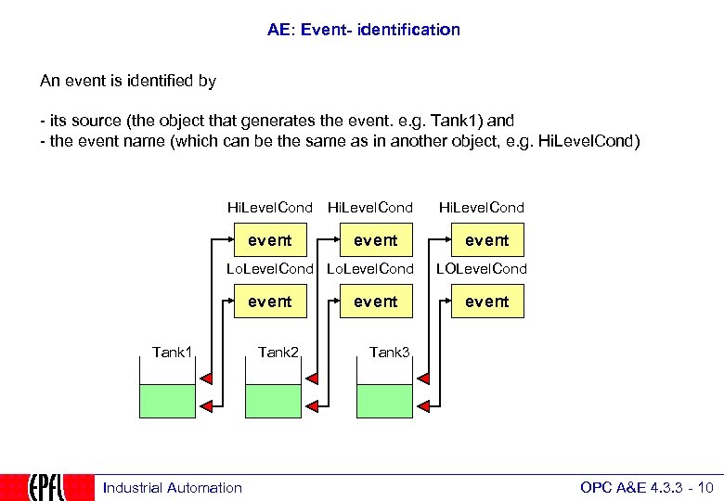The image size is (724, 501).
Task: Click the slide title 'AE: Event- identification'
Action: pos(363,30)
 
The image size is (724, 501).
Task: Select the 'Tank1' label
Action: pos(172,352)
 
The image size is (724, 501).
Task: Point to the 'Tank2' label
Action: pos(278,352)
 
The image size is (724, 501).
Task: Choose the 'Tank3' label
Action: pos(389,352)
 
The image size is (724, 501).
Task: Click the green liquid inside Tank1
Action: pos(168,401)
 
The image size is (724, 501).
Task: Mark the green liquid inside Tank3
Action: pos(384,401)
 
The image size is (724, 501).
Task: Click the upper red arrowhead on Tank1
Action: pos(206,378)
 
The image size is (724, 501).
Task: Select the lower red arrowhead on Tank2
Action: pos(314,406)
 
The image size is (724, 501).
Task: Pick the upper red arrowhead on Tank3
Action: pos(423,378)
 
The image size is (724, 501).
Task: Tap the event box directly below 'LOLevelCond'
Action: pos(487,302)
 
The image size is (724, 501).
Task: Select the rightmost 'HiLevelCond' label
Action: pos(481,208)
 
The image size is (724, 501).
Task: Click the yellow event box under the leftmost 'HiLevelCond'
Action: pos(270,240)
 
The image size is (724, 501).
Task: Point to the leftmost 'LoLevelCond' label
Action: pos(270,269)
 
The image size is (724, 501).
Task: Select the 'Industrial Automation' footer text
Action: pos(173,488)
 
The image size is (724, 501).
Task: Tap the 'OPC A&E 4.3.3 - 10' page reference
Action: pos(646,488)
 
